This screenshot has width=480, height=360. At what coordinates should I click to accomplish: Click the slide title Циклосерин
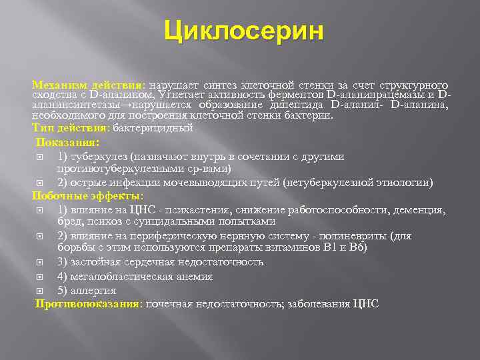tap(244, 31)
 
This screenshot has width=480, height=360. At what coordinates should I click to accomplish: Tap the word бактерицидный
tap(153, 127)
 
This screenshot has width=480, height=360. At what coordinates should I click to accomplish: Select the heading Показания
tap(67, 142)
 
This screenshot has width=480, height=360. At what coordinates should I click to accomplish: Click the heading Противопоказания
tap(88, 304)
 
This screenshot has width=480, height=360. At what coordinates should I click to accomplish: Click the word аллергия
tap(93, 291)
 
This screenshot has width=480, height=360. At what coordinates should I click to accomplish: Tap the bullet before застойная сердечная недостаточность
tap(43, 262)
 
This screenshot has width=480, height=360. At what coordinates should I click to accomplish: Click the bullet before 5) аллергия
tap(43, 291)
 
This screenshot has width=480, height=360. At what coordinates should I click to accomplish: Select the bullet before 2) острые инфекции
tap(43, 183)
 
